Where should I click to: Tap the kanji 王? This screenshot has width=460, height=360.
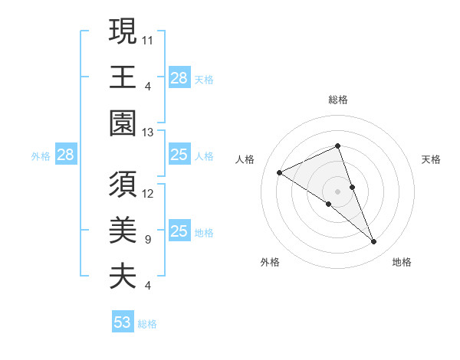pyautogui.click(x=123, y=77)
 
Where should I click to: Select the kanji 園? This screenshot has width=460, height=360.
pyautogui.click(x=123, y=123)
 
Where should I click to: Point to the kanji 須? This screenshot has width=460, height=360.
pyautogui.click(x=123, y=183)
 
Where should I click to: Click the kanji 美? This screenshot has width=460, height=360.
pyautogui.click(x=123, y=229)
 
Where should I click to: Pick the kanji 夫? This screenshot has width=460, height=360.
pyautogui.click(x=123, y=275)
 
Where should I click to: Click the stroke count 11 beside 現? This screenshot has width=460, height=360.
pyautogui.click(x=148, y=41)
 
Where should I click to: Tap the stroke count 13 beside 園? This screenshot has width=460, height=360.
pyautogui.click(x=148, y=132)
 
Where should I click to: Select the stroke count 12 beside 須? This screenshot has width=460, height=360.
pyautogui.click(x=148, y=193)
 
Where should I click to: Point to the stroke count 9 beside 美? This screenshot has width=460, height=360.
pyautogui.click(x=147, y=239)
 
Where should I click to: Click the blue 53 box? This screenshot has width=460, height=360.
pyautogui.click(x=123, y=322)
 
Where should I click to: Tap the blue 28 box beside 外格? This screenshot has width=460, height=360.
pyautogui.click(x=65, y=155)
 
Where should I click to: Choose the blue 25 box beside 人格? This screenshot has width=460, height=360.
pyautogui.click(x=179, y=155)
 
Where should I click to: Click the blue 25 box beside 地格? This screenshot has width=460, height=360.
pyautogui.click(x=179, y=231)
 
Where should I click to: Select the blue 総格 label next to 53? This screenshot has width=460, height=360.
pyautogui.click(x=147, y=324)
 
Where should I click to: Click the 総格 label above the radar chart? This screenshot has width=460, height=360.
pyautogui.click(x=337, y=100)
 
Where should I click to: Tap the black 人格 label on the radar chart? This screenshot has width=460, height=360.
pyautogui.click(x=245, y=159)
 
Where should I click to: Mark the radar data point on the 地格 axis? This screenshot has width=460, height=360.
pyautogui.click(x=374, y=242)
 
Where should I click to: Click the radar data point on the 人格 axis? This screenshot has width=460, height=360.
pyautogui.click(x=280, y=173)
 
